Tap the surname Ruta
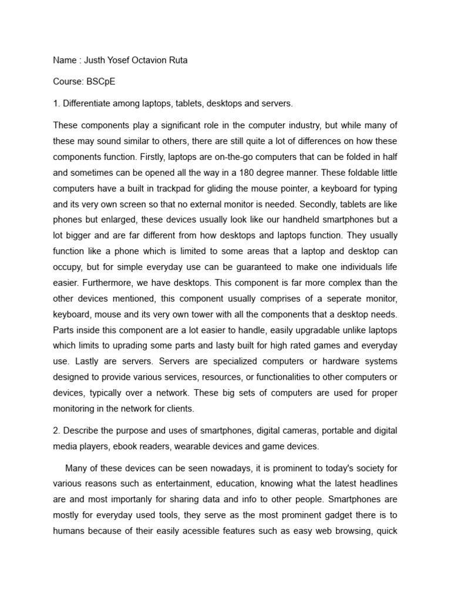tap(176, 61)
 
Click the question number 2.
tap(56, 431)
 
